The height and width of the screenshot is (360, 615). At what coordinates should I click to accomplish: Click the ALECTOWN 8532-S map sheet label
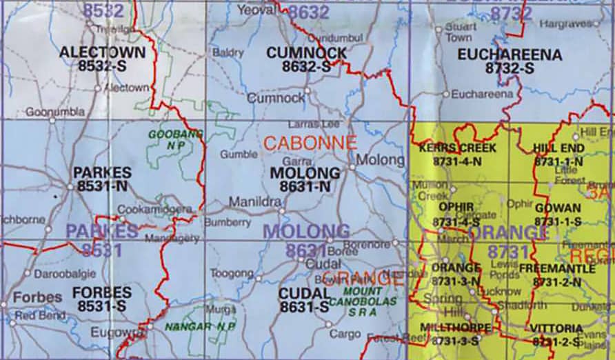102,59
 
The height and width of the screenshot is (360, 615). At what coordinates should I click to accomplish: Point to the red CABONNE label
310,143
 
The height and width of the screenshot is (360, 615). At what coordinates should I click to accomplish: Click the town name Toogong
232,273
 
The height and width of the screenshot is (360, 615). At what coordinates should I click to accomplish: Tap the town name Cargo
345,334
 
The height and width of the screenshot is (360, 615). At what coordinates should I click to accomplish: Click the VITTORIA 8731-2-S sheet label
557,334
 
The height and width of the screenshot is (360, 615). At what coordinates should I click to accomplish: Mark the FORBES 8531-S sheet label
102,297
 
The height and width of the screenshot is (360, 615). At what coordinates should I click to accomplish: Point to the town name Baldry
229,52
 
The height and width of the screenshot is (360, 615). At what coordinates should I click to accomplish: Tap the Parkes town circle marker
70,186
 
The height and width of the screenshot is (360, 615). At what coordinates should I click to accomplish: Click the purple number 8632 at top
308,12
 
